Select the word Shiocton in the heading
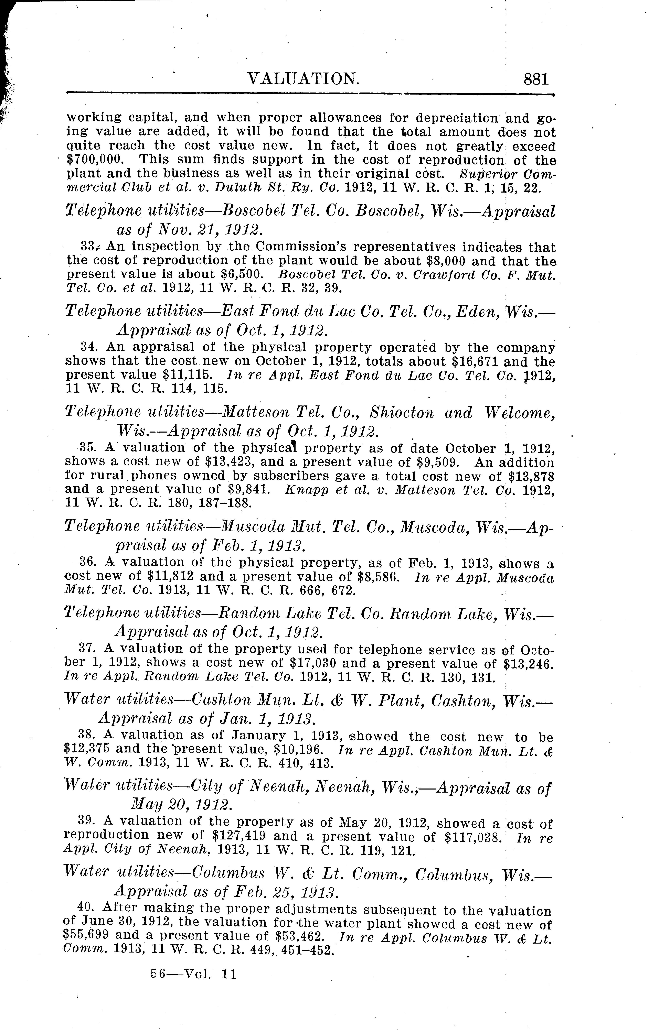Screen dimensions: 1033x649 click(x=402, y=413)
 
